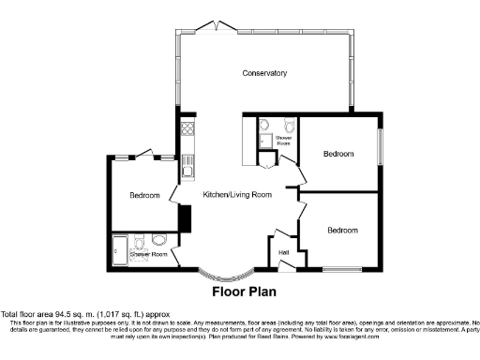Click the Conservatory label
coord(263,73)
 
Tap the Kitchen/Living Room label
coord(237,195)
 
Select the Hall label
coord(283,251)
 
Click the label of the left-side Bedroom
coord(144,196)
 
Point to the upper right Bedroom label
coord(338,153)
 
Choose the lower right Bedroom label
coord(343,230)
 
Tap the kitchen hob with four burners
coord(187,129)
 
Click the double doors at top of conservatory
coord(218,25)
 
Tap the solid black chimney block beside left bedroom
coord(185,217)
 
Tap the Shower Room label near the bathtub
coord(149,254)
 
